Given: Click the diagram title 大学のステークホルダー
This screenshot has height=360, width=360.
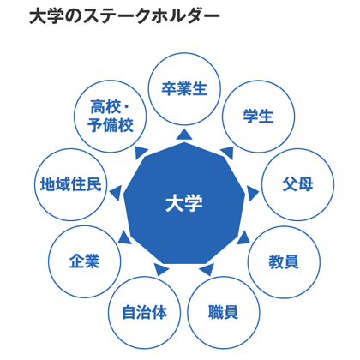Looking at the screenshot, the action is pos(125,17).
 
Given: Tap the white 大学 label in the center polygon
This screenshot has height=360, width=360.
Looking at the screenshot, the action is pos(184,203).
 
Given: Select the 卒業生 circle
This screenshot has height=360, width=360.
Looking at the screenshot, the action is pos(184,89).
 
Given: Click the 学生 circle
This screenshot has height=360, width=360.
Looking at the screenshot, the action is pos(258,117).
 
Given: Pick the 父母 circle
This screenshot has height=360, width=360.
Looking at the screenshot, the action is pos(297,184).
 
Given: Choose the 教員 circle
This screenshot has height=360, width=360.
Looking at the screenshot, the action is pos(284,261).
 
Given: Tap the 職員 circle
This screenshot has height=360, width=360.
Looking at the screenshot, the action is pos(224,312).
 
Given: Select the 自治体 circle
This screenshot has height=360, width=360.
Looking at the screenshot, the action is pos(145,312).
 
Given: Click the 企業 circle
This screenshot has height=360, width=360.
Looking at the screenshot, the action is pos(85,261).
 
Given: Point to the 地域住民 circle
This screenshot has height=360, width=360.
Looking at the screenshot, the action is pos(71,184).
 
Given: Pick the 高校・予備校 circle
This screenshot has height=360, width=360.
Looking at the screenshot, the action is pos(111,117).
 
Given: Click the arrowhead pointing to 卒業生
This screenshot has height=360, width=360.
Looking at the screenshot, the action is pos(184,135).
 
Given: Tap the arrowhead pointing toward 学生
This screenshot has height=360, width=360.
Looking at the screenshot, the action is pos(227,153).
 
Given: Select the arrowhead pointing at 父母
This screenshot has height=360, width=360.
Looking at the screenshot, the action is pos(252,194).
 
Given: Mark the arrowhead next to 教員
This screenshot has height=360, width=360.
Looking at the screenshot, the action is pos(243,238).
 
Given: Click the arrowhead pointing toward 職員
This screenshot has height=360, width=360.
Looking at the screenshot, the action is pos(207,269).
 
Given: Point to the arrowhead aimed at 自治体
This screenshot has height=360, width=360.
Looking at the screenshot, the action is pos(161,269).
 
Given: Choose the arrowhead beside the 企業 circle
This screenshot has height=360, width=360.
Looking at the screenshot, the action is pos(124,237).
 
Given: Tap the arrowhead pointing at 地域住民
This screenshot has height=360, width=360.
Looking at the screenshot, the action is pos(116,194).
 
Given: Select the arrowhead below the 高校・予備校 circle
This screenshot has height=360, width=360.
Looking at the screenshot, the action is pos(141,153).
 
